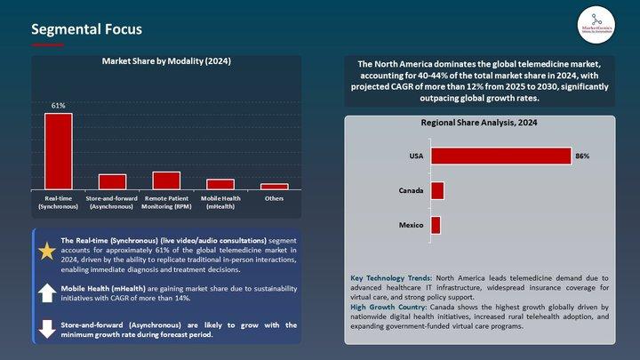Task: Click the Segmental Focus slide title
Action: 86,29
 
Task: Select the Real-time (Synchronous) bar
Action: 58,151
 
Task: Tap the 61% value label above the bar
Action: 58,106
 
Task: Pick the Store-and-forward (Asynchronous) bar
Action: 112,181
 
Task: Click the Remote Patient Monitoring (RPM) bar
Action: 166,180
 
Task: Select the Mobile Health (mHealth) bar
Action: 220,184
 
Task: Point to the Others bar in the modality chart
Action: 274,186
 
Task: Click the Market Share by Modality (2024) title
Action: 166,62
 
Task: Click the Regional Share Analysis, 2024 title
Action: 479,123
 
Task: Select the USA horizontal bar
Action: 500,156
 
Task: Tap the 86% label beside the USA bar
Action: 582,156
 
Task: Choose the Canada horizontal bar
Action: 436,191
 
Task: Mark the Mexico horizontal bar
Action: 436,225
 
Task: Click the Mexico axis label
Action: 410,225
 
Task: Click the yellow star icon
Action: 46,251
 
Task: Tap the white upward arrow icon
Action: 46,293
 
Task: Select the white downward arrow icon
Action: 46,329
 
